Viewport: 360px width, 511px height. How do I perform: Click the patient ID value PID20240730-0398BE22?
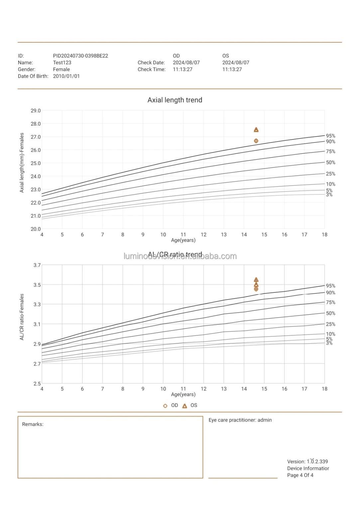coord(80,56)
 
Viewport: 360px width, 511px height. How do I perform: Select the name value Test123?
coord(62,63)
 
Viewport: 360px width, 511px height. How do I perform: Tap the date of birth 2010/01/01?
coord(66,76)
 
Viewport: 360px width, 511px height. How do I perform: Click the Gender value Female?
coord(61,70)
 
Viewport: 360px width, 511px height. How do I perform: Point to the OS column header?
coord(226,56)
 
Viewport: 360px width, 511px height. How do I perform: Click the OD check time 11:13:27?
coord(182,70)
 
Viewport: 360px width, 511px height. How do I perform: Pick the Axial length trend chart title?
coord(175,100)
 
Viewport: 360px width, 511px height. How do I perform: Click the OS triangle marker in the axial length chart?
coord(256,130)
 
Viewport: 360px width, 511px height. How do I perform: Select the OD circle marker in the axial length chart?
coord(256,141)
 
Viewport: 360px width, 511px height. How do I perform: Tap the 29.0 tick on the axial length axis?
coord(36,111)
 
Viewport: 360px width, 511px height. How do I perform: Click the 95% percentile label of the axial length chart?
coord(330,136)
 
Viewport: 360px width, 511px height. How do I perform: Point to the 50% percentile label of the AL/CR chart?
coord(330,313)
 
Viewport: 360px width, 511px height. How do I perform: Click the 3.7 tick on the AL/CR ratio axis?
coord(37,265)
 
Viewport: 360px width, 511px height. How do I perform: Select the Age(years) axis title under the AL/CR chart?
coord(183,395)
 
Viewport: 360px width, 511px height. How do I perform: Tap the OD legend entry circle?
coord(165,406)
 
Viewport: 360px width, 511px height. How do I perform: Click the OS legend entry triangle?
coord(185,406)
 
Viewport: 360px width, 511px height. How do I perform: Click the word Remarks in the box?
coord(33,425)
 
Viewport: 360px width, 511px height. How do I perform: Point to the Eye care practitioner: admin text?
coord(240,420)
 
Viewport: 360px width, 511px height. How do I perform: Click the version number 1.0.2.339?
coord(317,462)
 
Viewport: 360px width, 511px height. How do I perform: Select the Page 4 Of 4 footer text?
coord(300,475)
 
